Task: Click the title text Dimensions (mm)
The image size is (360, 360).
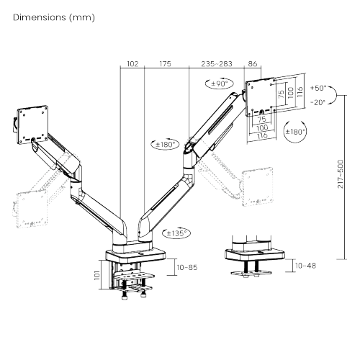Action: [53, 17]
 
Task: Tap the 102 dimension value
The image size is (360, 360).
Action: [132, 64]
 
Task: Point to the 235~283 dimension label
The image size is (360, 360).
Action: [217, 64]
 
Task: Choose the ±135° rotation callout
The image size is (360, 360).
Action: [177, 233]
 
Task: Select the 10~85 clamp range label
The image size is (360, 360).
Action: [187, 268]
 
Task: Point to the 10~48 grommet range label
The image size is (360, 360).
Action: [305, 266]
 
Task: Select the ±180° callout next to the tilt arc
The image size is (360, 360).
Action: [294, 132]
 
